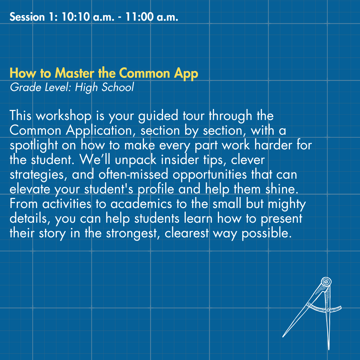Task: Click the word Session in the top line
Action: coord(27,17)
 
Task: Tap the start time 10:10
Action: coord(76,17)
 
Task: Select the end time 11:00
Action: coord(139,17)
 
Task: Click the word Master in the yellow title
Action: coord(75,73)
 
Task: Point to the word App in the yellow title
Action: coord(186,74)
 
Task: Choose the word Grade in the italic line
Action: coord(25,87)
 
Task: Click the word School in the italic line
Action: coord(118,87)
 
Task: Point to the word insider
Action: coord(180,160)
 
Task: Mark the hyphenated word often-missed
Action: coord(133,174)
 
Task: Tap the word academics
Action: coord(141,204)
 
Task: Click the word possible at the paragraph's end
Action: coord(267,234)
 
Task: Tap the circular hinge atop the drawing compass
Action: coord(326,281)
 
